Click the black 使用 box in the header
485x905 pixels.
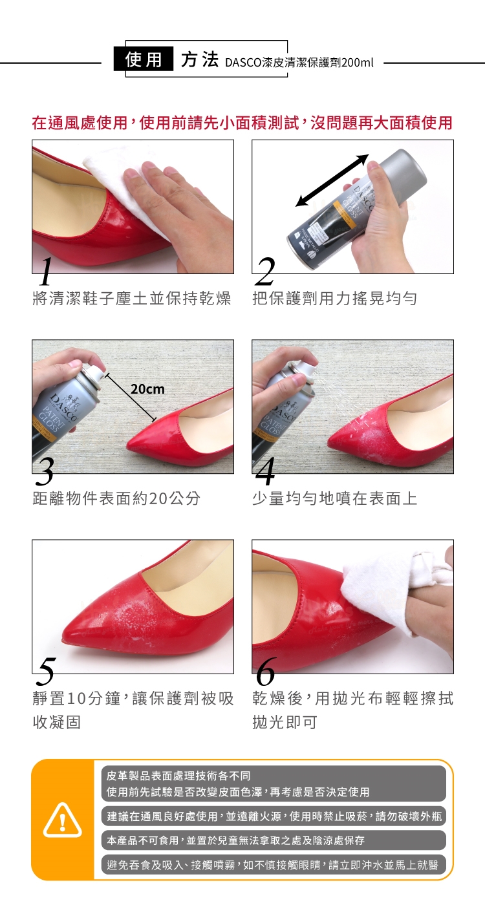point(144,59)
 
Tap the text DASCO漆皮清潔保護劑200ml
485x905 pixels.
point(299,63)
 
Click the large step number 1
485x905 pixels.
point(46,271)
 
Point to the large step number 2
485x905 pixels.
point(265,271)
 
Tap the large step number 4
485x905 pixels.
point(265,471)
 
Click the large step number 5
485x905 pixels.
point(45,672)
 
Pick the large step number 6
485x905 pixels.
point(266,672)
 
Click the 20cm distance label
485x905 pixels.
point(147,389)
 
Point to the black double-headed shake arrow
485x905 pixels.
point(332,180)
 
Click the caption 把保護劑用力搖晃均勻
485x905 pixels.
point(335,298)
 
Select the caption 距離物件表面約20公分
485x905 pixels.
point(116,498)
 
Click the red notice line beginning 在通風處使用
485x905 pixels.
point(242,123)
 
